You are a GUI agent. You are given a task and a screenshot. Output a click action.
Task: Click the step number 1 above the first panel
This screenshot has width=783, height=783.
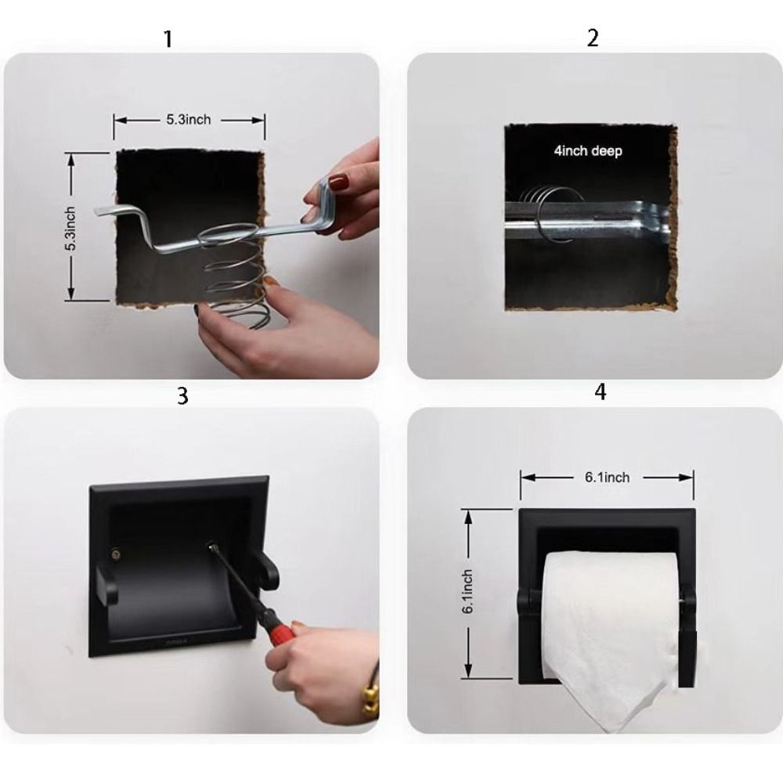click(167, 39)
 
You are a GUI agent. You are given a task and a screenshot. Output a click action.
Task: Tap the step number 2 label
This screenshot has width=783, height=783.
click(592, 38)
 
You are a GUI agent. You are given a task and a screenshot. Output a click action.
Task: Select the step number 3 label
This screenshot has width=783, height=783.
click(182, 395)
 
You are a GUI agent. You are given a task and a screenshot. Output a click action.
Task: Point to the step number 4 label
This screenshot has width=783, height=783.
click(600, 391)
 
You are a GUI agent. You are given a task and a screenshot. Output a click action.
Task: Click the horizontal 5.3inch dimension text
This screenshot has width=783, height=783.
click(188, 120)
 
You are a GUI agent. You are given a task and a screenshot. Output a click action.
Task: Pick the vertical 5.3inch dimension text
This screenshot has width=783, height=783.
click(70, 228)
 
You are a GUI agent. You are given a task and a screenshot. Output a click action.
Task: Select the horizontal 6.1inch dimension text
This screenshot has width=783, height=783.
click(606, 477)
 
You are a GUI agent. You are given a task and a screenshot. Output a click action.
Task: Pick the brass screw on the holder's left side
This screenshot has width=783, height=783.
click(117, 554)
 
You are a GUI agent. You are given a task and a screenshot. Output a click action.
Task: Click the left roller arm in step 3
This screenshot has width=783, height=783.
click(107, 586)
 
